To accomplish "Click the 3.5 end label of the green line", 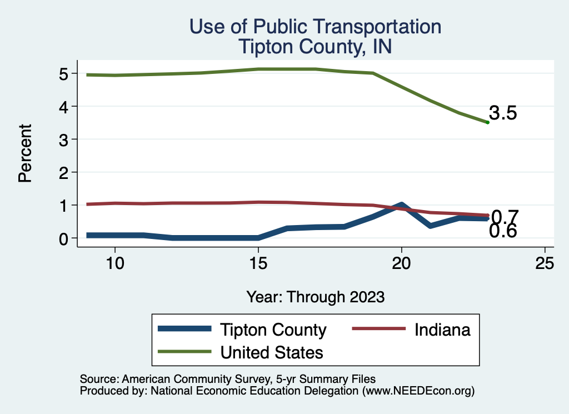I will [x=503, y=113].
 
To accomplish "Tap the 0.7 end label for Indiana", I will [x=505, y=216].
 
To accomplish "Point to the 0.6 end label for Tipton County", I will [x=503, y=231].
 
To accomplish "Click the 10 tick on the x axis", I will [x=114, y=263].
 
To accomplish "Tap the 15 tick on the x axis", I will [x=258, y=263].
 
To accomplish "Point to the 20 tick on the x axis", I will [x=401, y=263].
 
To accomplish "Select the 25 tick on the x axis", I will [x=545, y=263].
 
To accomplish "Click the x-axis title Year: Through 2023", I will [x=315, y=297].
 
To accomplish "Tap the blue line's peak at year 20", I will [x=401, y=205].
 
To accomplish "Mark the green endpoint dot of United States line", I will [x=487, y=122].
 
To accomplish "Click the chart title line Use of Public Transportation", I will [x=315, y=27].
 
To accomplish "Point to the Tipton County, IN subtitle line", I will [x=315, y=47].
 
